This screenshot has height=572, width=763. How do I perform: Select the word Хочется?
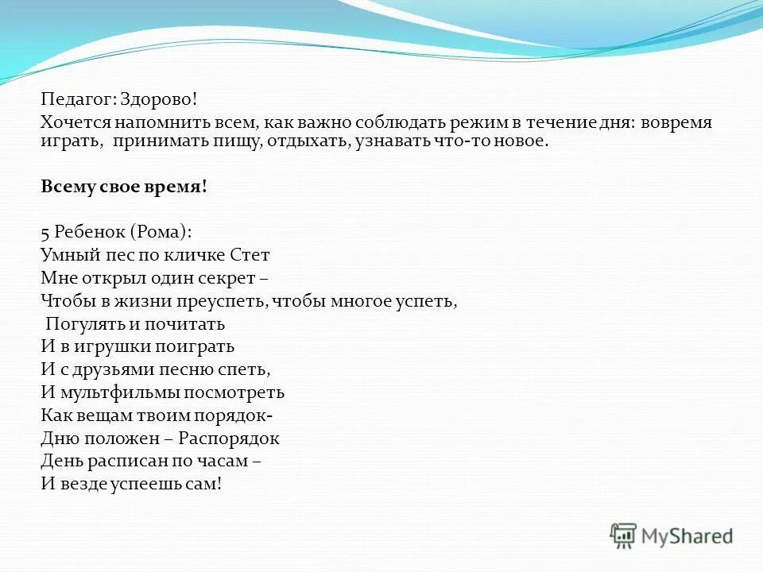76,122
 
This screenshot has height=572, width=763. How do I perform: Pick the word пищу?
253,141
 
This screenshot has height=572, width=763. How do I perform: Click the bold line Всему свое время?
124,187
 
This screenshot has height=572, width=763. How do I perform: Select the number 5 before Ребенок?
45,233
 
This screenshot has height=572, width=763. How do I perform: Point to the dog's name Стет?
250,256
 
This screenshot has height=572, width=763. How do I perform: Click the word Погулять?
79,324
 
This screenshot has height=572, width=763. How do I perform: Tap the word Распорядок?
229,439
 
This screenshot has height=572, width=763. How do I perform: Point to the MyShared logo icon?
623,536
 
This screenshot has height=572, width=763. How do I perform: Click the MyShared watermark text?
687,537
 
